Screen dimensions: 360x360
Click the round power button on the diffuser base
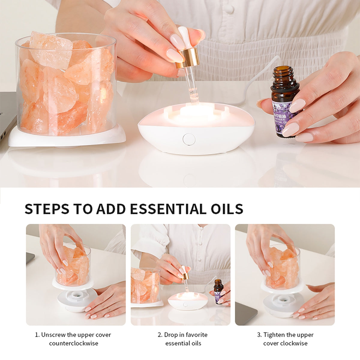coord(189,139)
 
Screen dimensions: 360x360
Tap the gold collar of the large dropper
coord(188,58)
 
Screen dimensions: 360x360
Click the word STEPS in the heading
coord(46,208)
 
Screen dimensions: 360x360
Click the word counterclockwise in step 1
coord(73,343)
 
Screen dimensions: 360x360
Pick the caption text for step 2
coord(183,339)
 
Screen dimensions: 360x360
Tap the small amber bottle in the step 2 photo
coord(218,291)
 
